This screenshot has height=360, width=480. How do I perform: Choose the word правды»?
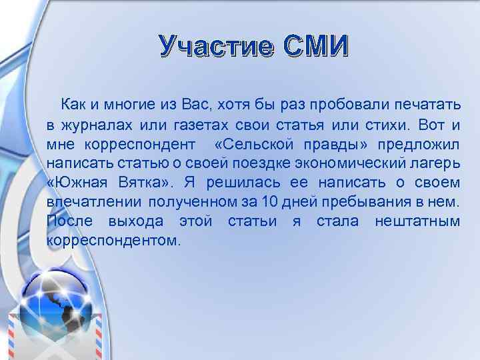pos(334,144)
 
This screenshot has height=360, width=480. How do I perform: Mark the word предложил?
pos(419,144)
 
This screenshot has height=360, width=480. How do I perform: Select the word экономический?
pos(344,163)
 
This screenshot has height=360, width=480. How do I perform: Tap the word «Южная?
pos(73,183)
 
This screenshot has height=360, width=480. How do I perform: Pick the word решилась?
pos(233,183)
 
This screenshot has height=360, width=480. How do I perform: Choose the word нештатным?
pos(417,221)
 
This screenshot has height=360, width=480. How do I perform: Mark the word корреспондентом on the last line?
pos(113,240)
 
